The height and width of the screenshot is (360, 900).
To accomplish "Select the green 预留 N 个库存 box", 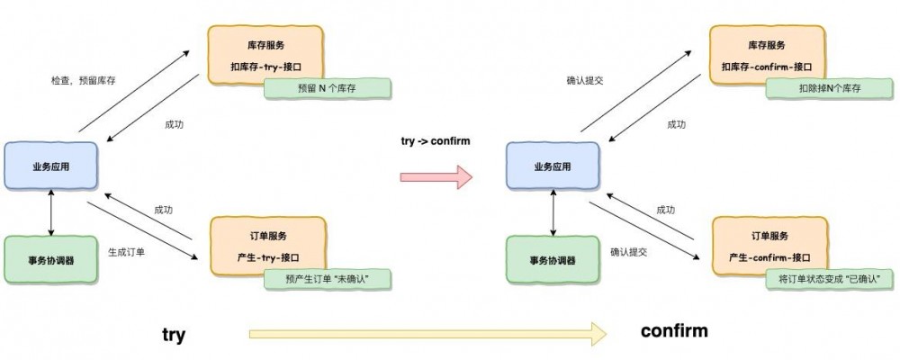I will [x=328, y=88].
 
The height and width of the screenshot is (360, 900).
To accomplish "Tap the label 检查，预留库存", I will [x=83, y=80].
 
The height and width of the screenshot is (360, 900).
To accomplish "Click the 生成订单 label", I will [x=127, y=251].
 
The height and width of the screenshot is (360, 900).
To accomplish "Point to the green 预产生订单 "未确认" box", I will [x=328, y=279].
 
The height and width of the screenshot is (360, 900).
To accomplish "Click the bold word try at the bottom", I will [x=174, y=335].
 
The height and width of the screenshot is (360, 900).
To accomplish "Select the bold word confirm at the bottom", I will [x=674, y=331].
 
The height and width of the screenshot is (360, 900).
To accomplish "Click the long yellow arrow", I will [x=427, y=336].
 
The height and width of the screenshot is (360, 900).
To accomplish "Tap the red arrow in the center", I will [x=436, y=176].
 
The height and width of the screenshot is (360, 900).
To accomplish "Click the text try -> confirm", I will [x=435, y=142].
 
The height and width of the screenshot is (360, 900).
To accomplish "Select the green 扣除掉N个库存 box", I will [x=828, y=88].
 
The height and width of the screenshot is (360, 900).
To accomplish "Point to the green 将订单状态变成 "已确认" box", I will [x=829, y=279].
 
